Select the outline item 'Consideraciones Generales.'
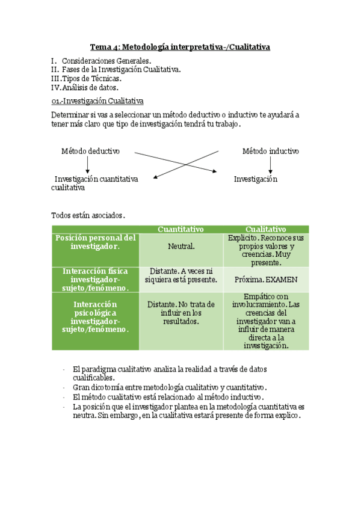(x=106, y=61)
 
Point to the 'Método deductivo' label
(x=90, y=151)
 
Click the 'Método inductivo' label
(x=270, y=151)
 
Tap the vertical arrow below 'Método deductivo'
(x=88, y=165)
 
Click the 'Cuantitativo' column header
(x=180, y=229)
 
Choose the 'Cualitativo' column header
(x=265, y=229)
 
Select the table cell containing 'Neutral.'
(x=180, y=246)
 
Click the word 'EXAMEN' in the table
(x=282, y=280)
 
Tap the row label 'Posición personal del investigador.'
(x=95, y=242)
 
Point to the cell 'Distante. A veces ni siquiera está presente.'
(x=180, y=275)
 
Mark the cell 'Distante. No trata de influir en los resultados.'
(x=180, y=313)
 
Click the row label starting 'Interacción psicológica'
(x=95, y=317)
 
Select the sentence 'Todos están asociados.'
(x=88, y=215)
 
